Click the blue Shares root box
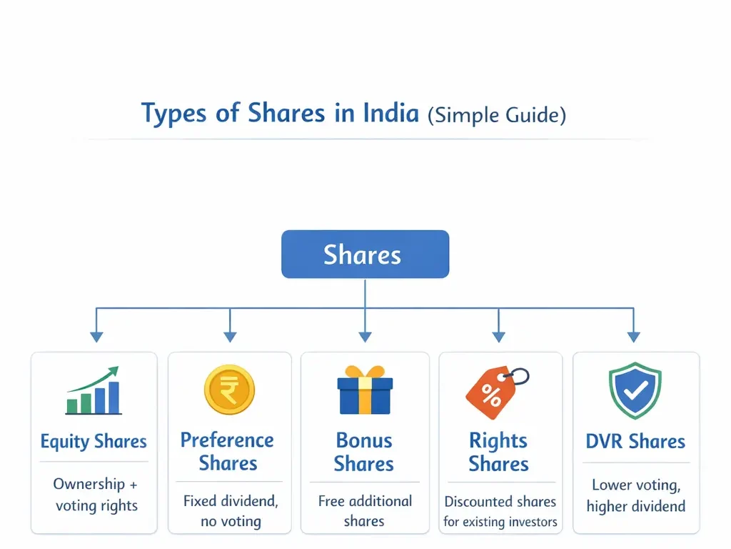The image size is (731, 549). tap(365, 254)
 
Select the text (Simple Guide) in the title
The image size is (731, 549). tap(497, 115)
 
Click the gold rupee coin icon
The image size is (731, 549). tap(229, 390)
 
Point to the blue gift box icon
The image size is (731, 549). tap(364, 390)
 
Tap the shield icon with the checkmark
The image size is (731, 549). tap(635, 390)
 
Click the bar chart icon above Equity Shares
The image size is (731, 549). tap(94, 392)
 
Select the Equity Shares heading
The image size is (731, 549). tap(94, 442)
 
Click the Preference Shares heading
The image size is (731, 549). tap(228, 451)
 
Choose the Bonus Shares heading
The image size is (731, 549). tap(364, 452)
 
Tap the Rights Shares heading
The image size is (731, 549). tap(498, 452)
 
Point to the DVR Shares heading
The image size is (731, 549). tap(635, 442)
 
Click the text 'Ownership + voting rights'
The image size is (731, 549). tap(96, 495)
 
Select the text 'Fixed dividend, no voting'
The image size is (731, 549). tap(229, 511)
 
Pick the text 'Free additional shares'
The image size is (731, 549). tap(365, 511)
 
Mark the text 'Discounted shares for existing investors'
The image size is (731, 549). tap(500, 511)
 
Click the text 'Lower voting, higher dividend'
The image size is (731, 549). tap(635, 496)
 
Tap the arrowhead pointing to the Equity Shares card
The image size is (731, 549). tap(96, 336)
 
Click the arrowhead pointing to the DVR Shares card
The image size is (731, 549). tap(632, 336)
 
